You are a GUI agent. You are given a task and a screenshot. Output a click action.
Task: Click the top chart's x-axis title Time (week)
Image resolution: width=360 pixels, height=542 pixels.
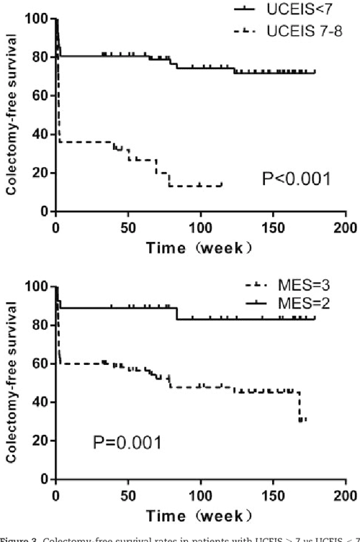coord(199,248)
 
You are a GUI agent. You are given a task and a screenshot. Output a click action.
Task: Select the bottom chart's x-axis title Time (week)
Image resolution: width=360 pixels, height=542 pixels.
coord(199,516)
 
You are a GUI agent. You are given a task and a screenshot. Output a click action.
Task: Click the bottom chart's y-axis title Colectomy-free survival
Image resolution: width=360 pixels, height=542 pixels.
coord(12,382)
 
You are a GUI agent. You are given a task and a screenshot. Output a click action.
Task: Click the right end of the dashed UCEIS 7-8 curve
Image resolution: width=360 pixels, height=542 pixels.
coord(222,185)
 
